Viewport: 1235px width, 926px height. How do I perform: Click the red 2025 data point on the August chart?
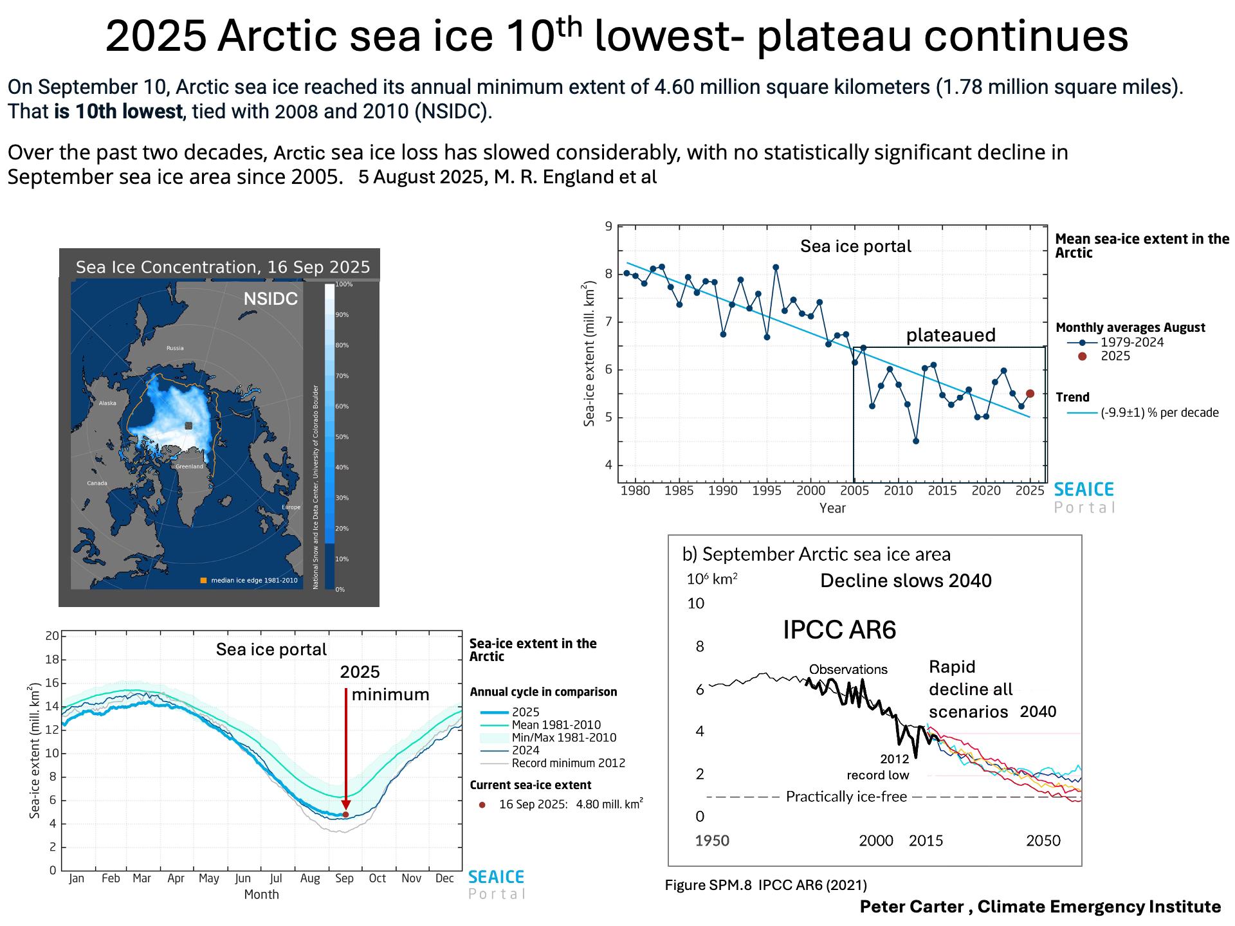[x=1030, y=394]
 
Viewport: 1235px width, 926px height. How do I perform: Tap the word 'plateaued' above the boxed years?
[x=951, y=335]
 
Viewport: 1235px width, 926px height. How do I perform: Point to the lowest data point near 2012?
[x=916, y=441]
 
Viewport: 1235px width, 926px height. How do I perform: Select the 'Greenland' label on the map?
[x=189, y=466]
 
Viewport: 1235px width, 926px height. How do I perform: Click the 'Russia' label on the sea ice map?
[x=175, y=348]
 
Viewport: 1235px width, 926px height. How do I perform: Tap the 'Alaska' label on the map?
[x=107, y=403]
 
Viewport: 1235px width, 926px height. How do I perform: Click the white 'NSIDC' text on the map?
[x=270, y=299]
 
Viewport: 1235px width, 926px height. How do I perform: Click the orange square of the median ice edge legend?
[x=203, y=581]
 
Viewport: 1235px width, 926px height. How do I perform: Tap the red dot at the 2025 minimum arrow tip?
[x=345, y=814]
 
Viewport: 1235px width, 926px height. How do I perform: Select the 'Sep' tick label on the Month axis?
[x=344, y=878]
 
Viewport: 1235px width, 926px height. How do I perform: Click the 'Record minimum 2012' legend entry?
[x=568, y=763]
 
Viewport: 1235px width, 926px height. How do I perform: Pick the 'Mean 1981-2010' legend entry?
[x=556, y=725]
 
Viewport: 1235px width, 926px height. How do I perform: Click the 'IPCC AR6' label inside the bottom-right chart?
[x=839, y=630]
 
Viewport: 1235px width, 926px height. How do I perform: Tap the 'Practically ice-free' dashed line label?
[x=846, y=797]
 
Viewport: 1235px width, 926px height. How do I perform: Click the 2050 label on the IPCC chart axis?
[x=1043, y=840]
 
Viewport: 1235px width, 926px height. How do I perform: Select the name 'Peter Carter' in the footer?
[x=911, y=907]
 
